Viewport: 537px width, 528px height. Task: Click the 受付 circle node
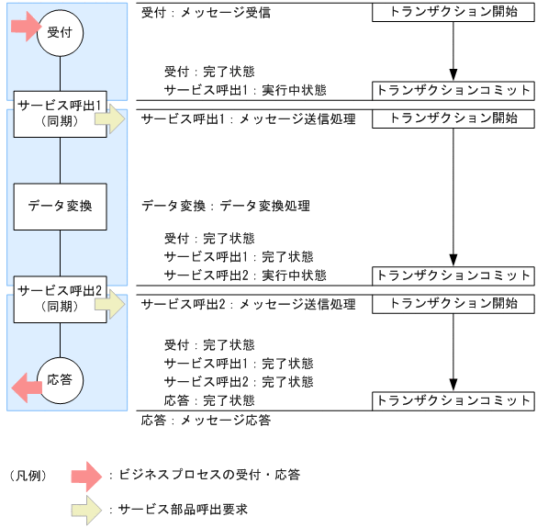[61, 33]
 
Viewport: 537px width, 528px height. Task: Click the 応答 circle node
[61, 379]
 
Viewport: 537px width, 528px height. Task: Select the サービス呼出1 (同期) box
[61, 112]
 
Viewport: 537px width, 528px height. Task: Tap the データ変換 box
[61, 206]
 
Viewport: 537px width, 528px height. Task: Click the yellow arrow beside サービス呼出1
[116, 119]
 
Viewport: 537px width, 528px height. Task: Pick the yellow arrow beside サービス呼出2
[116, 304]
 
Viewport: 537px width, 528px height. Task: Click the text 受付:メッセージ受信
[207, 14]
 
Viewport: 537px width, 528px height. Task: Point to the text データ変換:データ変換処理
[226, 206]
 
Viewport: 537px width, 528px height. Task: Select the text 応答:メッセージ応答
[207, 420]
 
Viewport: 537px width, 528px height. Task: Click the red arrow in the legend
[89, 475]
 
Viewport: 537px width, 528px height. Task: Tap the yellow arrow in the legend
[89, 509]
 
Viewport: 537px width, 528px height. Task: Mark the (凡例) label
[28, 475]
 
